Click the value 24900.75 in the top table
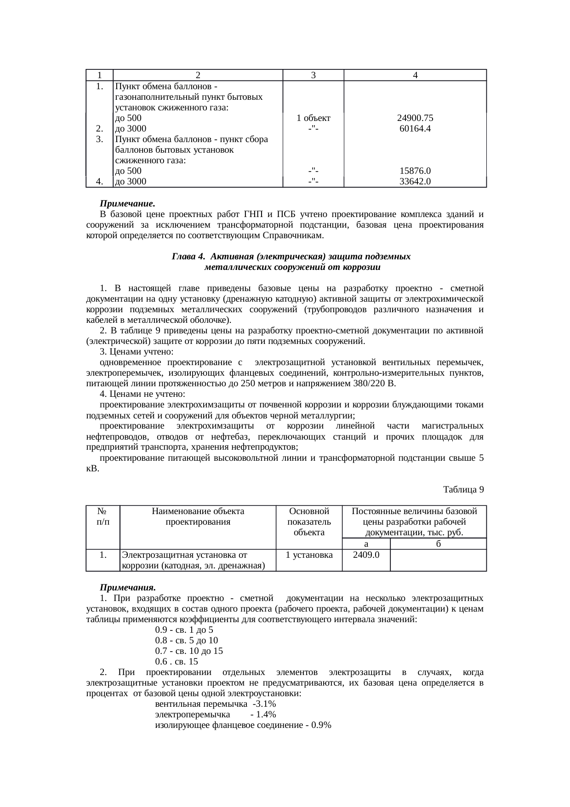[415, 118]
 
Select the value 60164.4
[415, 129]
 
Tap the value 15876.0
[415, 171]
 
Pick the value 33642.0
[415, 182]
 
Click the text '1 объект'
[313, 118]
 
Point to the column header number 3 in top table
[313, 75]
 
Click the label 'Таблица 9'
[463, 490]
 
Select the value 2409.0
[366, 555]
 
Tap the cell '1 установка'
[309, 555]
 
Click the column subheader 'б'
[438, 544]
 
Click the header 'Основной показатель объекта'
[309, 522]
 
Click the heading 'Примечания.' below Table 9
[128, 588]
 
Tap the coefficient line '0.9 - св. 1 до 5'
[184, 630]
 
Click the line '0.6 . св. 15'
[177, 662]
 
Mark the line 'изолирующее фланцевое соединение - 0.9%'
[244, 726]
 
